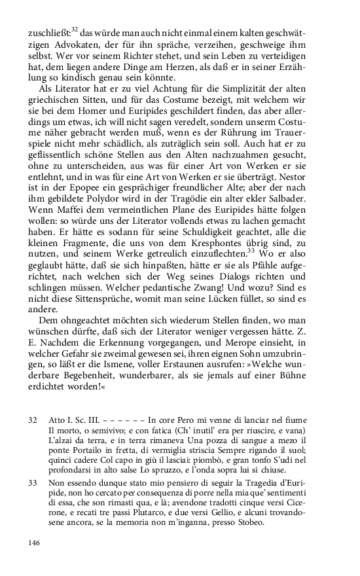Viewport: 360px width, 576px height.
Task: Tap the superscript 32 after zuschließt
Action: (75, 29)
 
